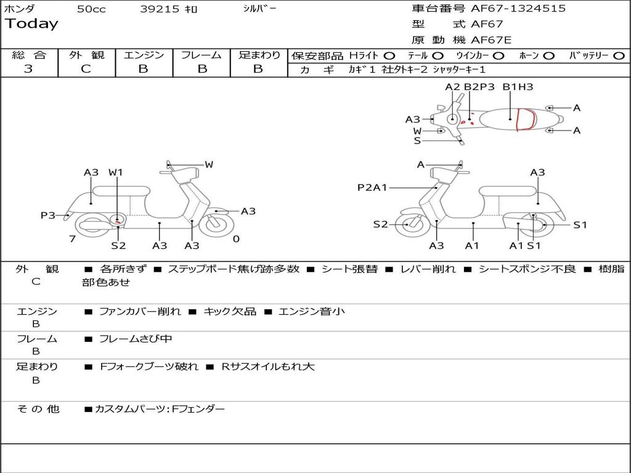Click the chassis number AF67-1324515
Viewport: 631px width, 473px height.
tap(509, 9)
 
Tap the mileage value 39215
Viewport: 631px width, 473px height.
tap(160, 9)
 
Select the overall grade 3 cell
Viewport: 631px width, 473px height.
tap(28, 69)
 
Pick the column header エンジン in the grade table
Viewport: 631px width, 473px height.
tap(144, 55)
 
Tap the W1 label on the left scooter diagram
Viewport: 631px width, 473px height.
tap(116, 172)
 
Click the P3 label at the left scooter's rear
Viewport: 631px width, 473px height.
tap(48, 215)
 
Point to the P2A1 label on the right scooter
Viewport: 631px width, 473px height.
tap(372, 187)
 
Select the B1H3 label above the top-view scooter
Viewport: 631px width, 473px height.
tap(518, 87)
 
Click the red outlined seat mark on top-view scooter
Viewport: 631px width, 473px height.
tap(525, 119)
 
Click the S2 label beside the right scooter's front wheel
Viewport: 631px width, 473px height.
tap(381, 224)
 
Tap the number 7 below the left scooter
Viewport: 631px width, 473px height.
tap(72, 239)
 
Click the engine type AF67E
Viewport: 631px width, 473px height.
tap(491, 40)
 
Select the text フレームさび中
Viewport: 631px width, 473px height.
tap(136, 339)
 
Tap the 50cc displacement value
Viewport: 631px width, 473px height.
tap(91, 9)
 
